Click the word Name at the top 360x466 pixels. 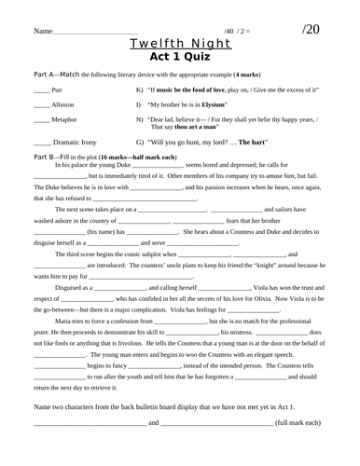point(43,33)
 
